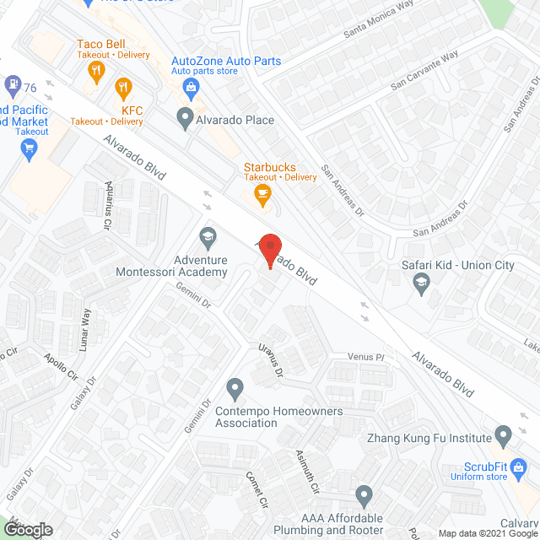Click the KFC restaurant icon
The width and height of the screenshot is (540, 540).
[x=123, y=86]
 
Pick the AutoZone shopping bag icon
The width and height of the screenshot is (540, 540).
[x=192, y=86]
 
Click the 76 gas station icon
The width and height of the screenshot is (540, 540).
[x=13, y=84]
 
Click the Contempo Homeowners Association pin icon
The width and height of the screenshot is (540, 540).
[x=235, y=389]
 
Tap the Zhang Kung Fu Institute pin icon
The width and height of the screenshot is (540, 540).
[x=504, y=438]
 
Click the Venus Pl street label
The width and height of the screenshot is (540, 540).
[x=367, y=358]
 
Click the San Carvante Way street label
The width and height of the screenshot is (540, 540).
[x=424, y=70]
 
